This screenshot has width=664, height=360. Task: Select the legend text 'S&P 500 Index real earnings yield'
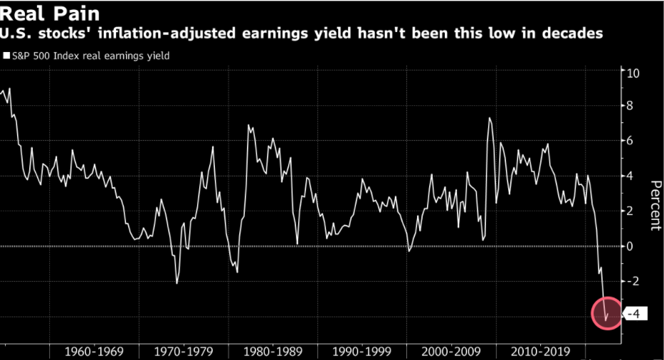90,55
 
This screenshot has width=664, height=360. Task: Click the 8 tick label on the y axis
630,106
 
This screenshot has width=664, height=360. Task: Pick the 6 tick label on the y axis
630,141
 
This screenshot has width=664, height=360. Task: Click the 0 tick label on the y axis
630,246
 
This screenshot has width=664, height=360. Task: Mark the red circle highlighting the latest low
606,314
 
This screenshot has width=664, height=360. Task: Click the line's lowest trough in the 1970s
176,283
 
